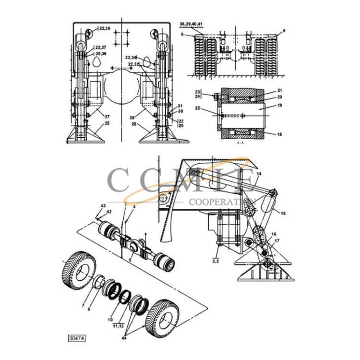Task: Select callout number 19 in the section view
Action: tap(279, 105)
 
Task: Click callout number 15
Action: tap(283, 213)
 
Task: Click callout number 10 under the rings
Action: tap(110, 319)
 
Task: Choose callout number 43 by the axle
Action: tap(102, 206)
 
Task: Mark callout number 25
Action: tap(107, 123)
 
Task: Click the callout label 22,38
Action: tap(105, 29)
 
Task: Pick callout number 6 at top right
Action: tap(284, 30)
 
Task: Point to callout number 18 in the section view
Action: tap(279, 134)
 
